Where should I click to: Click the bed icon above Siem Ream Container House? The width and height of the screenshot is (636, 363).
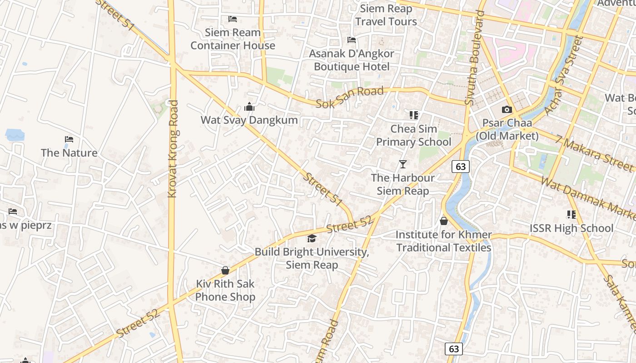[233, 19]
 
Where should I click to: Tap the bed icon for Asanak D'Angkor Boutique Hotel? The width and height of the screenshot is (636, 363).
[352, 40]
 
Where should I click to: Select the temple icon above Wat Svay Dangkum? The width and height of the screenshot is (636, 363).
[249, 107]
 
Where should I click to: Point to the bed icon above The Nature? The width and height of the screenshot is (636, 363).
[69, 139]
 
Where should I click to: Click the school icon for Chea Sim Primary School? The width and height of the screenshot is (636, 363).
[413, 115]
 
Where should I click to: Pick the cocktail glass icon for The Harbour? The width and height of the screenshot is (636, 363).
[402, 164]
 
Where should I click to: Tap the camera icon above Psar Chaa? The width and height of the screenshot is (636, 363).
[507, 109]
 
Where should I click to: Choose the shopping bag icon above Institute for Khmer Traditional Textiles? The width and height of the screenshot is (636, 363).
[444, 221]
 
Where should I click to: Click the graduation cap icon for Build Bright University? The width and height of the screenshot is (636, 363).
[312, 238]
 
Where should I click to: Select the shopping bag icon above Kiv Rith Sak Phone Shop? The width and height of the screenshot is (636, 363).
[225, 270]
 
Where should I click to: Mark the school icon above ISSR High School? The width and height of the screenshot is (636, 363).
[571, 214]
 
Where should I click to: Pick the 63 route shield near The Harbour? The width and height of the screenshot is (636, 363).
[461, 167]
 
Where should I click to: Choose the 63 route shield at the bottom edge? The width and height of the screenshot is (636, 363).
[454, 348]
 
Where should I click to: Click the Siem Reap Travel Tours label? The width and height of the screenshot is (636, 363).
[386, 15]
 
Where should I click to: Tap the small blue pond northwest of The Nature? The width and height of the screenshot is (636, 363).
[15, 135]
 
